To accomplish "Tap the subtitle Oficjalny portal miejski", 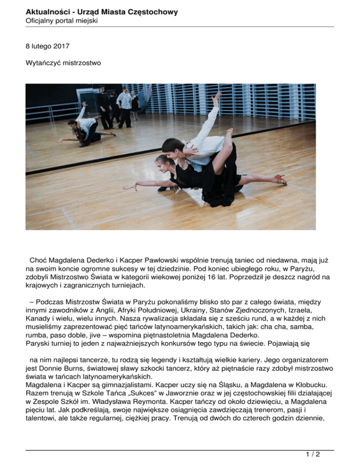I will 61,21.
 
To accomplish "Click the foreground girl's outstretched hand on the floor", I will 127,188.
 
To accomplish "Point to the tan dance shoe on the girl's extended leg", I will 281,180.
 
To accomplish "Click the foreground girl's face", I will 163,163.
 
